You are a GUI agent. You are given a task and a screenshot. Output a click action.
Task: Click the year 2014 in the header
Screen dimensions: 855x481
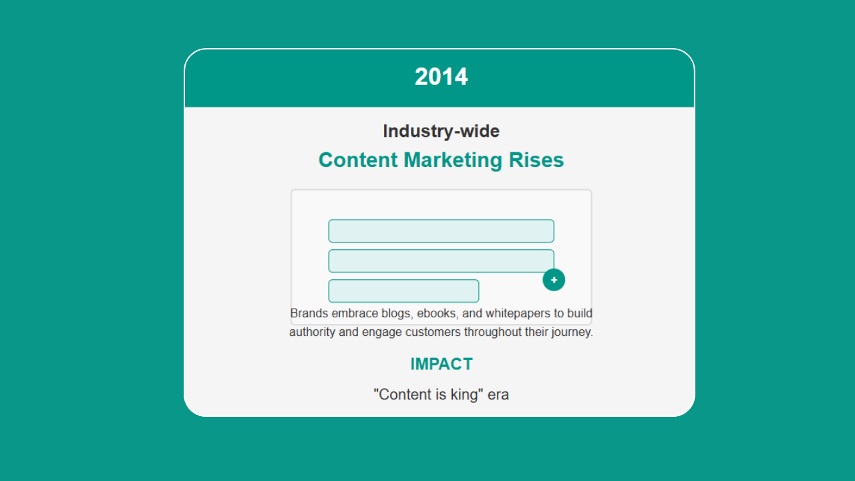point(441,77)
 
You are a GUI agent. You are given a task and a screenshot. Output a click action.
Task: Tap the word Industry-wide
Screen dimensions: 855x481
point(442,131)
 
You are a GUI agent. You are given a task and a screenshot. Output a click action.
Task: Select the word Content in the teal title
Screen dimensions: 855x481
point(358,160)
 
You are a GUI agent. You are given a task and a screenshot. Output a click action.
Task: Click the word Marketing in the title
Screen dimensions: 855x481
point(453,160)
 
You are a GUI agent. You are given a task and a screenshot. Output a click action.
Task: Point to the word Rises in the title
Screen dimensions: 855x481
point(536,160)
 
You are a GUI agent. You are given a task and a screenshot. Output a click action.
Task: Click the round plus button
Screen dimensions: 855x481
point(554,280)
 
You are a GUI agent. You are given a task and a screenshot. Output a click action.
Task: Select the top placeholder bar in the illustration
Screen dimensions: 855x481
point(442,231)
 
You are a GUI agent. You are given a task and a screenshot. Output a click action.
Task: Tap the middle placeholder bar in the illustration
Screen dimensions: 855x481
point(442,261)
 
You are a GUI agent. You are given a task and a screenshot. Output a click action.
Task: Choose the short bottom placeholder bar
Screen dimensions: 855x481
point(403,291)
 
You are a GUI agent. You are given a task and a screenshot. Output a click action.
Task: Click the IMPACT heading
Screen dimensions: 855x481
point(442,364)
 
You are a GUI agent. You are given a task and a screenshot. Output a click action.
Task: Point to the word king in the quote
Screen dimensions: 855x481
point(464,395)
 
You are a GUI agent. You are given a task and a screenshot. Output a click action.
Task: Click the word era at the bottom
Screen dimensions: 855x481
point(498,395)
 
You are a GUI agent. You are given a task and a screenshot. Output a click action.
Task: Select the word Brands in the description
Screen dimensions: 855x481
point(309,313)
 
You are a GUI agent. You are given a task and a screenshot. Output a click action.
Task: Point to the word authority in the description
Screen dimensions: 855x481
point(312,332)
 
